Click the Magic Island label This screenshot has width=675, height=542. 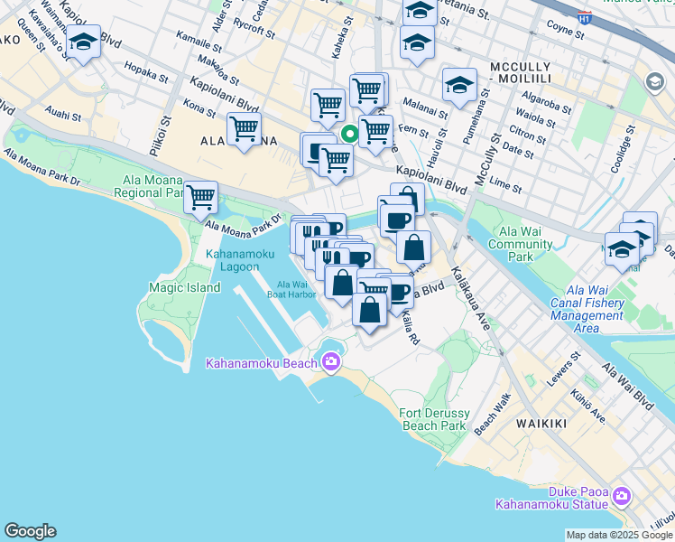point(184,287)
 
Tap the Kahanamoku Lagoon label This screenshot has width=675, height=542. point(238,261)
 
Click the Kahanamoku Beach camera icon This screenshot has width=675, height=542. point(330,362)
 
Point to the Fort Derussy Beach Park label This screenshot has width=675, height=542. point(432,419)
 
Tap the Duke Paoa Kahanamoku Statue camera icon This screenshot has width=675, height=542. point(621,495)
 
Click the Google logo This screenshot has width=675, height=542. point(30,531)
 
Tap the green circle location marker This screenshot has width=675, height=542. point(349,136)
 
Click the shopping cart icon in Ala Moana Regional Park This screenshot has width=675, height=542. point(200,196)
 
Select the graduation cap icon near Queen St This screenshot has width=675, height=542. point(83,42)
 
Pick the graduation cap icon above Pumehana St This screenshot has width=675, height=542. point(459,85)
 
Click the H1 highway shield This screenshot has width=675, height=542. point(584,17)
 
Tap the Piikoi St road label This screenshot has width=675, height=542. point(166,133)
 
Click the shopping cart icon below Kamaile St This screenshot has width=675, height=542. point(244,128)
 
